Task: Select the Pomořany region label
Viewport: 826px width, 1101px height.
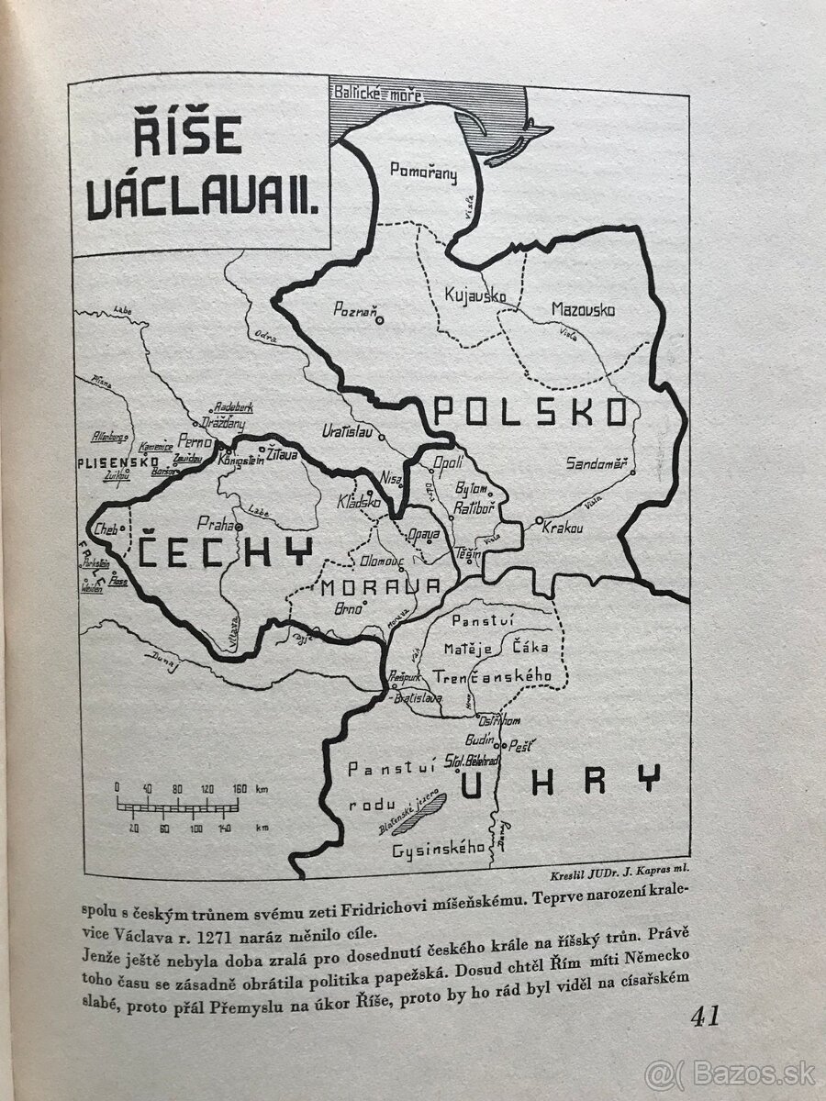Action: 423,172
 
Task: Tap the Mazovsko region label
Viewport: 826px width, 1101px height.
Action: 583,310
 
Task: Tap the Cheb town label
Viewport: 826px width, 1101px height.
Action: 106,529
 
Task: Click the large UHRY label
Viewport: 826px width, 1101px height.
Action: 559,780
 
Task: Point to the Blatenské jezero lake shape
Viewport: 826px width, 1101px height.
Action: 421,812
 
